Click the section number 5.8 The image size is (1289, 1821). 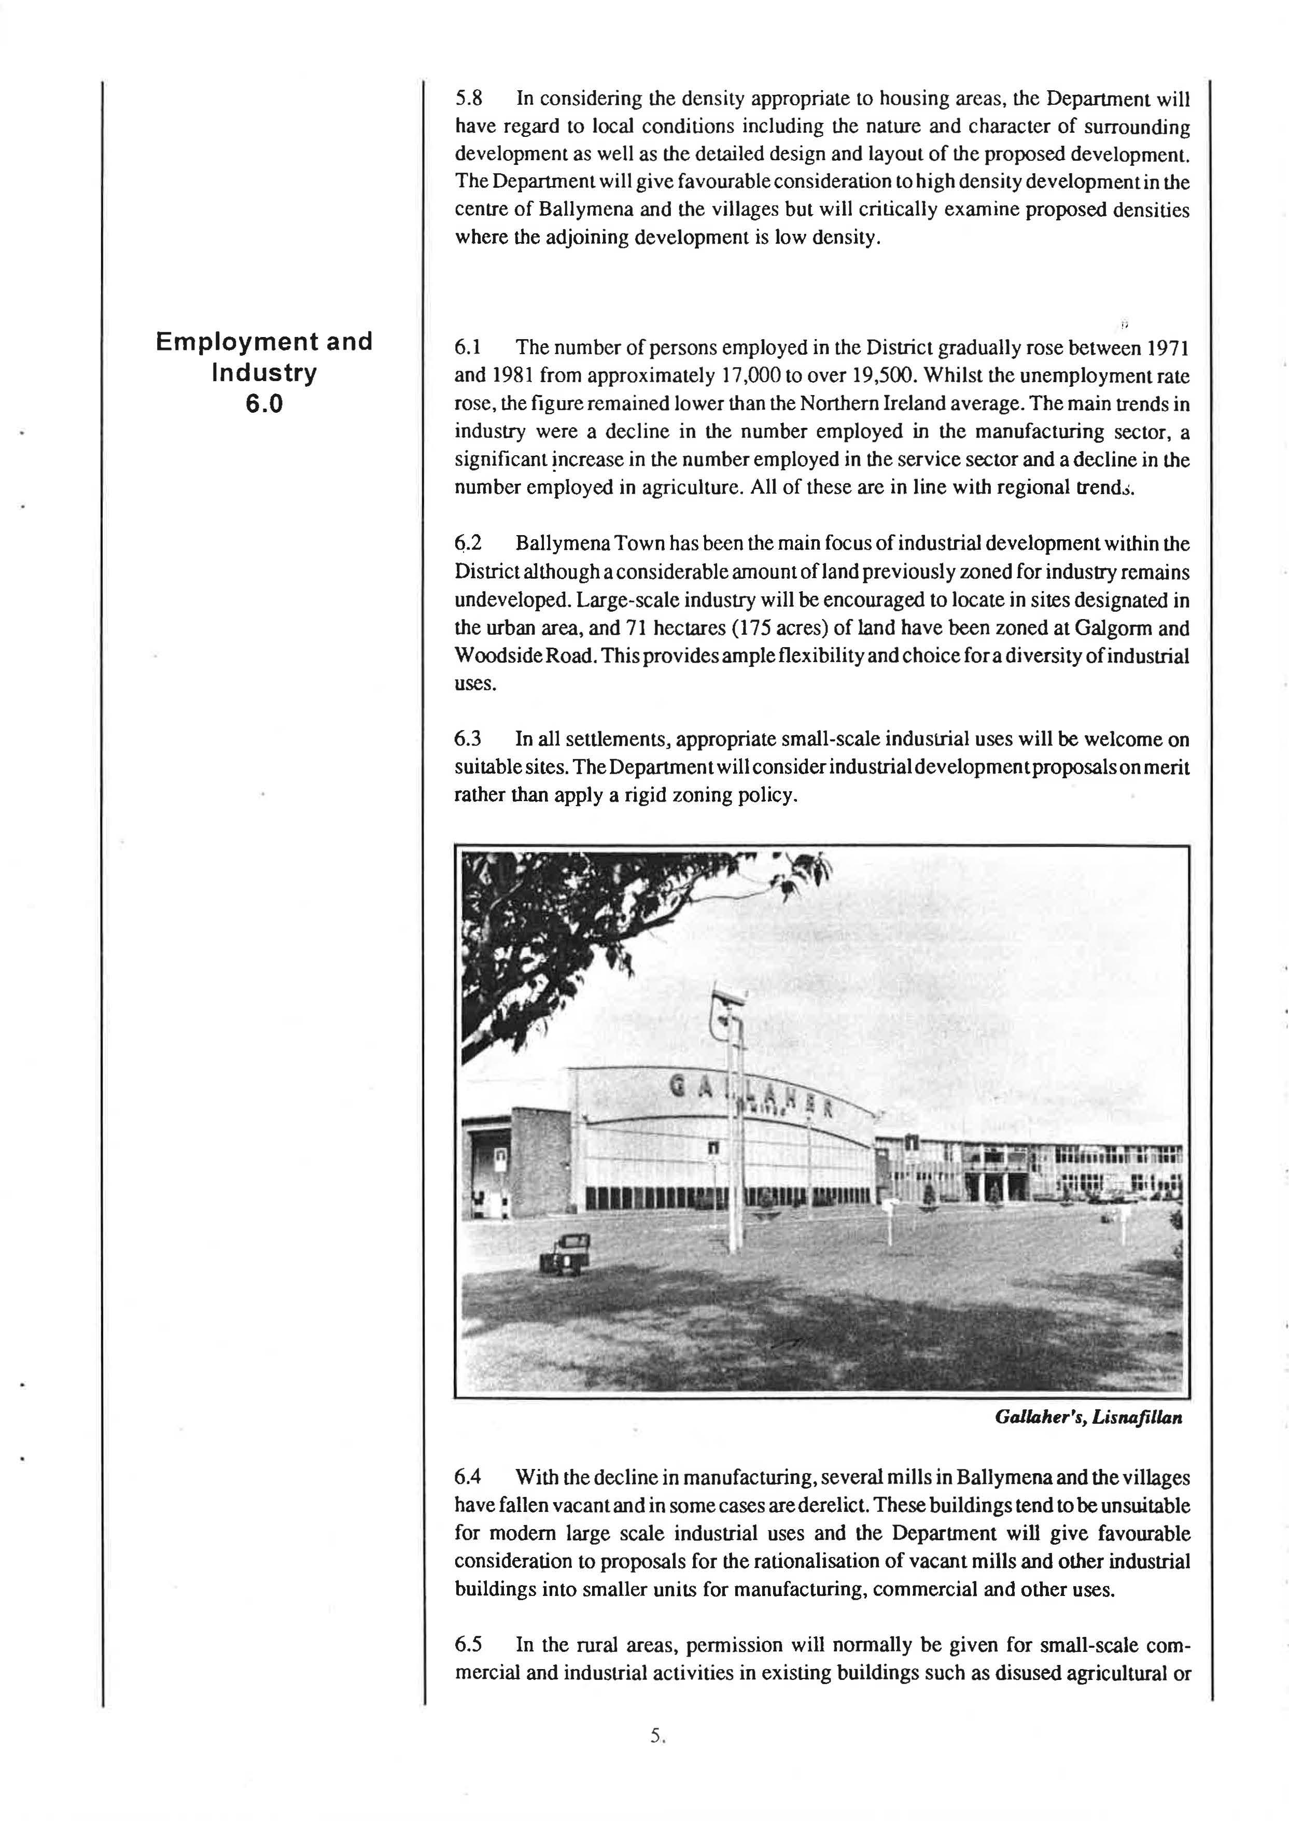[x=469, y=99]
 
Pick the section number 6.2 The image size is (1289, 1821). [x=468, y=544]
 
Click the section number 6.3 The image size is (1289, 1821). [x=468, y=739]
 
